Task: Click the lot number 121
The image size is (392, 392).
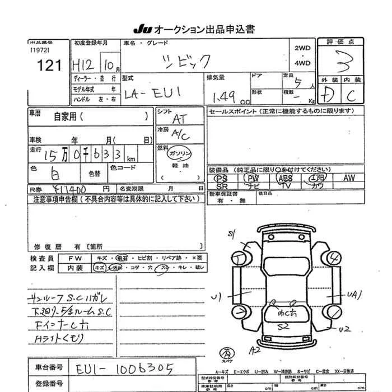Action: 49,66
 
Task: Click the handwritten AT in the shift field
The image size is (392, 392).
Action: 180,119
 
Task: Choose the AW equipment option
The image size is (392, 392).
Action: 349,178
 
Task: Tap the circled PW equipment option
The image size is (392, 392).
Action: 252,178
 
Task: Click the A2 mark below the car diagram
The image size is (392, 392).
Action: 256,349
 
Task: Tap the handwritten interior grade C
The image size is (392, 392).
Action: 351,96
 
